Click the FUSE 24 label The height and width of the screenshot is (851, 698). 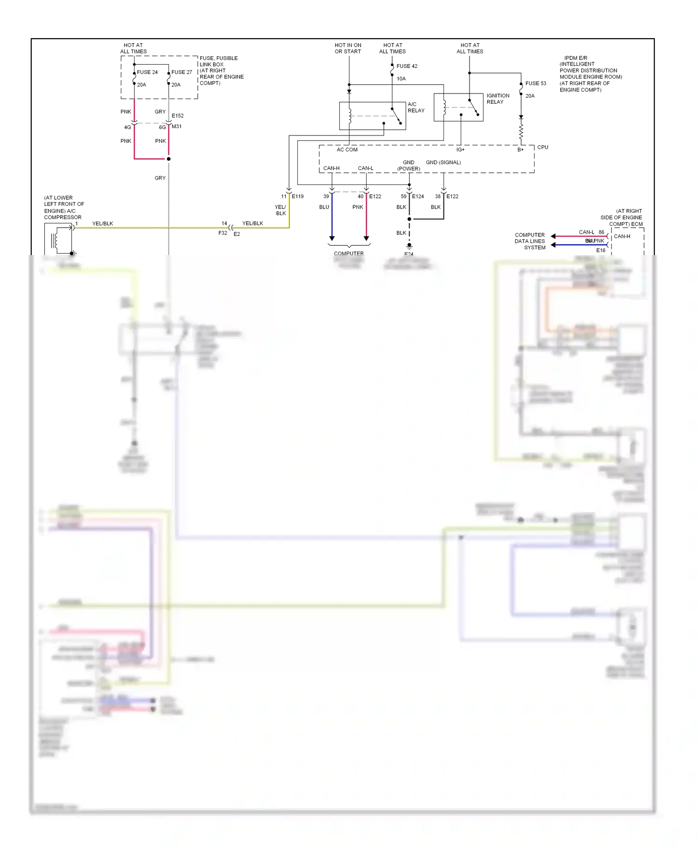coord(147,72)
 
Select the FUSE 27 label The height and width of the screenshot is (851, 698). coord(181,72)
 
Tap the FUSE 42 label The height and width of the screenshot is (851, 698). coord(407,66)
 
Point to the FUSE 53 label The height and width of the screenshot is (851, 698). coord(536,83)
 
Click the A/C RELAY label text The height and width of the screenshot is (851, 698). coord(416,108)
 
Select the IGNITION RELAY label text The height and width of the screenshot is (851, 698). coord(498,99)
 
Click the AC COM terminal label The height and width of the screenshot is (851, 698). coord(347,149)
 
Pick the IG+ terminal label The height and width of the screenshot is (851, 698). coord(460,149)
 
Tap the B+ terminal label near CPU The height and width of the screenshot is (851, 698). coord(520,149)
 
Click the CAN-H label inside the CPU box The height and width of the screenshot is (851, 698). coord(331,168)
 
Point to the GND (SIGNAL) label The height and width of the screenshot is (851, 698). coord(443,162)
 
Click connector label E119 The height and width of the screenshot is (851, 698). coord(297,196)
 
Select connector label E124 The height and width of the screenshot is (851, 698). coord(418,196)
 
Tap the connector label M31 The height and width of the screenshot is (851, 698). coord(176,127)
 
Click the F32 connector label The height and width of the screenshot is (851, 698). coord(222,233)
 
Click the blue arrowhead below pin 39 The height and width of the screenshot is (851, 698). coord(332,238)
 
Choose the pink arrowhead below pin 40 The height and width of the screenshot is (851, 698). coord(366,238)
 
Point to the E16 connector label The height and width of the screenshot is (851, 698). coord(601,250)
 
